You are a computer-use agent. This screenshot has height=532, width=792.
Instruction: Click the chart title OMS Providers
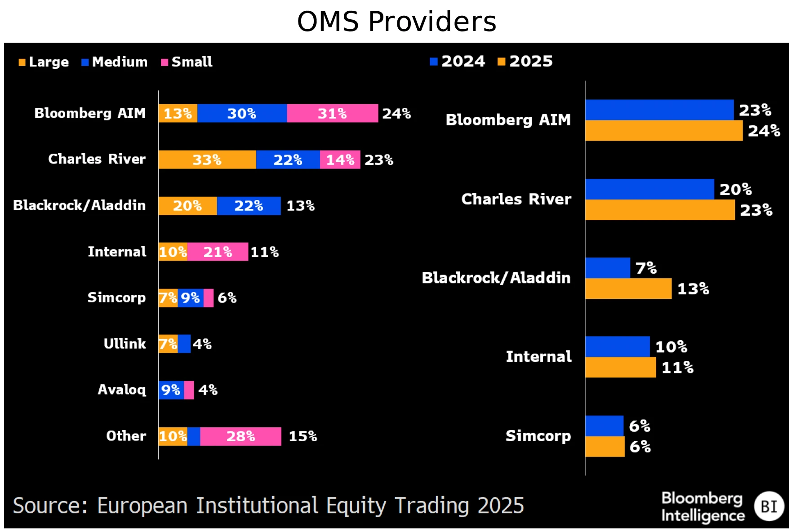396,22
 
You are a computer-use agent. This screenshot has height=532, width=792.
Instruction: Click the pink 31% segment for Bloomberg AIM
332,113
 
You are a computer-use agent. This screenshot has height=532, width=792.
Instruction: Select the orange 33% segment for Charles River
207,160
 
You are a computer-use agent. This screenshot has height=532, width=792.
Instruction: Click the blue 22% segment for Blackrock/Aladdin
249,206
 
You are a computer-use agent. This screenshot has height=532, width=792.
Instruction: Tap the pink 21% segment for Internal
218,252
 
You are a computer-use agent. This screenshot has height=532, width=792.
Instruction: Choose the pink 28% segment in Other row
240,436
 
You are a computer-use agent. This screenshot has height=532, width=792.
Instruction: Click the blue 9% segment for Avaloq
171,390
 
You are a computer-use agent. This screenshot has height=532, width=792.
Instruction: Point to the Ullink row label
125,344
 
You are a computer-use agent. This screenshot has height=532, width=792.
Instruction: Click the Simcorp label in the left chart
116,297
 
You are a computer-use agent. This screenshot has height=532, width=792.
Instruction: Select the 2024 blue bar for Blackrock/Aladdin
607,268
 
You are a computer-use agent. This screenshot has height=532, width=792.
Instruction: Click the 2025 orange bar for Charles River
659,210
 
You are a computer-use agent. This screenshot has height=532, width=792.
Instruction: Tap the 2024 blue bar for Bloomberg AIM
659,110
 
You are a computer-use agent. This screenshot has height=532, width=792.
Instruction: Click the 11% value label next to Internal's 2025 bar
677,368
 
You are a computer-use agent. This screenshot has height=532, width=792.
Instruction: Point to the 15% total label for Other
303,436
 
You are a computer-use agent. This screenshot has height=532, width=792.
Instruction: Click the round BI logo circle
769,506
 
